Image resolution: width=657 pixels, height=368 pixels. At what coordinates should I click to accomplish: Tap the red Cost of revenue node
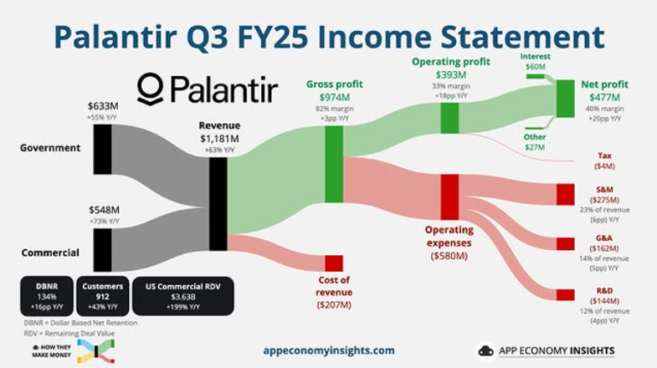333,263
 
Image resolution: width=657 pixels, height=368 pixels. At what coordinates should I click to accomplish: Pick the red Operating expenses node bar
450,196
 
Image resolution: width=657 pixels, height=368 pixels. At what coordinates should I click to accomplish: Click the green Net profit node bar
565,98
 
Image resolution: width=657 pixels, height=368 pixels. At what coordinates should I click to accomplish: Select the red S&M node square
565,194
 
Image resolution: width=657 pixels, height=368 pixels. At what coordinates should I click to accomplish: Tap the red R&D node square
565,294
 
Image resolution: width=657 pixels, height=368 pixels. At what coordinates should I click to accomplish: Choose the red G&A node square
565,244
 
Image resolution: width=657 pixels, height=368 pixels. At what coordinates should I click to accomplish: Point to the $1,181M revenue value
217,138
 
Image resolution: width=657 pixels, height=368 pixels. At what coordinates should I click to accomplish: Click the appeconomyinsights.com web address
328,350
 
